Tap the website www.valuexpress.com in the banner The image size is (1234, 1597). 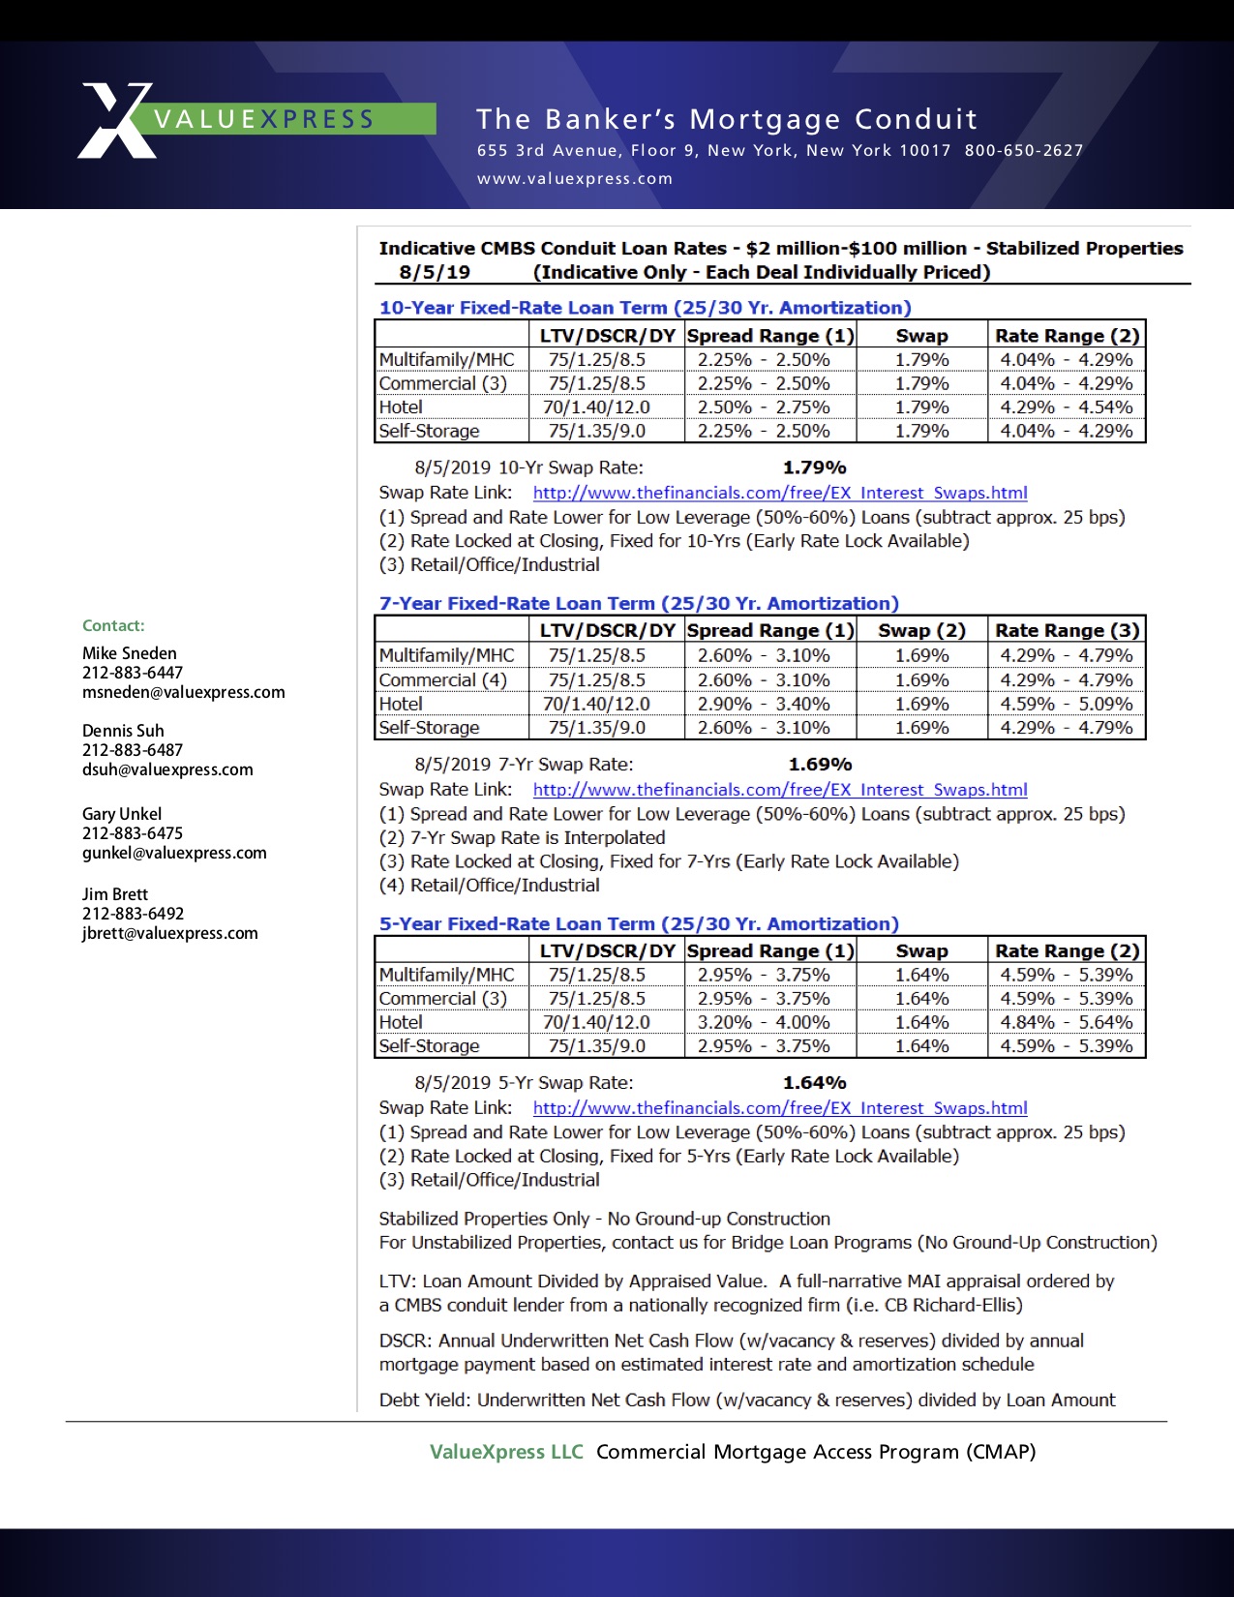point(574,178)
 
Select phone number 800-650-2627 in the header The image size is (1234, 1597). point(1023,150)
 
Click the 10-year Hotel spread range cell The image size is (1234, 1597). point(764,407)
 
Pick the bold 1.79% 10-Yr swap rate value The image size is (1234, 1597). point(814,467)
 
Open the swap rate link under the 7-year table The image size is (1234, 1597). point(779,790)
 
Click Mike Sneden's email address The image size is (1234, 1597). point(183,692)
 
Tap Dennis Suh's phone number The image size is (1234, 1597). point(133,750)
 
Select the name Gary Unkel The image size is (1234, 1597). point(122,814)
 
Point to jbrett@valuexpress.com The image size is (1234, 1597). point(169,933)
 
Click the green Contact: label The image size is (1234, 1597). point(113,625)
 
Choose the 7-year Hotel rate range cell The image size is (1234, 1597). point(1066,704)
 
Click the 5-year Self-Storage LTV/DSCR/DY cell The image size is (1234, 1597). point(596,1046)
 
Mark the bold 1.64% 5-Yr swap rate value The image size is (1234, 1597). point(814,1083)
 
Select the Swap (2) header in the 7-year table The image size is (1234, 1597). point(921,631)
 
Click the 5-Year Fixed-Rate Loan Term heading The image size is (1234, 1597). point(639,924)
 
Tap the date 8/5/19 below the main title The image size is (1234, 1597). point(435,273)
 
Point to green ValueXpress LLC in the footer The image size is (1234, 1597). point(506,1452)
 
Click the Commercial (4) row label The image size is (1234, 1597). point(442,680)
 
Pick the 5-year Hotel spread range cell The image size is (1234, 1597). point(764,1022)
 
